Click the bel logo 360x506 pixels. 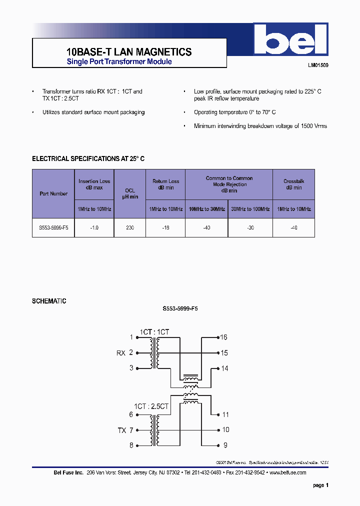(290, 40)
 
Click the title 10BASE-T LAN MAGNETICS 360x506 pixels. (129, 52)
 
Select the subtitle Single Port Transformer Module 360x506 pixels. (119, 62)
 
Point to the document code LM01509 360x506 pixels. (318, 65)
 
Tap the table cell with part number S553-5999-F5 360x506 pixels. (53, 227)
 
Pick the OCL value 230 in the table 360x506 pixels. (130, 227)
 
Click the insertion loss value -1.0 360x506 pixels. (94, 227)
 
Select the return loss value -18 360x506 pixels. (165, 227)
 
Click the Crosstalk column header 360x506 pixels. (293, 184)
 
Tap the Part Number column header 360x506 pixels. (53, 193)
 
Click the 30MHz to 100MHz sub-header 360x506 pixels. (250, 209)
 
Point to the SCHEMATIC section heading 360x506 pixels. (49, 301)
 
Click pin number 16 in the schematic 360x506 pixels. (224, 337)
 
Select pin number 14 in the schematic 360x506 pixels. (224, 368)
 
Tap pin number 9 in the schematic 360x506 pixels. (225, 445)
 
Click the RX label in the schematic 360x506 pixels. (121, 353)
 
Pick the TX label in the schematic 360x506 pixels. (122, 430)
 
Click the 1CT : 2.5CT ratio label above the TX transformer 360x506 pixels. (151, 406)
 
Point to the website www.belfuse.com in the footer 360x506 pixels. (288, 472)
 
